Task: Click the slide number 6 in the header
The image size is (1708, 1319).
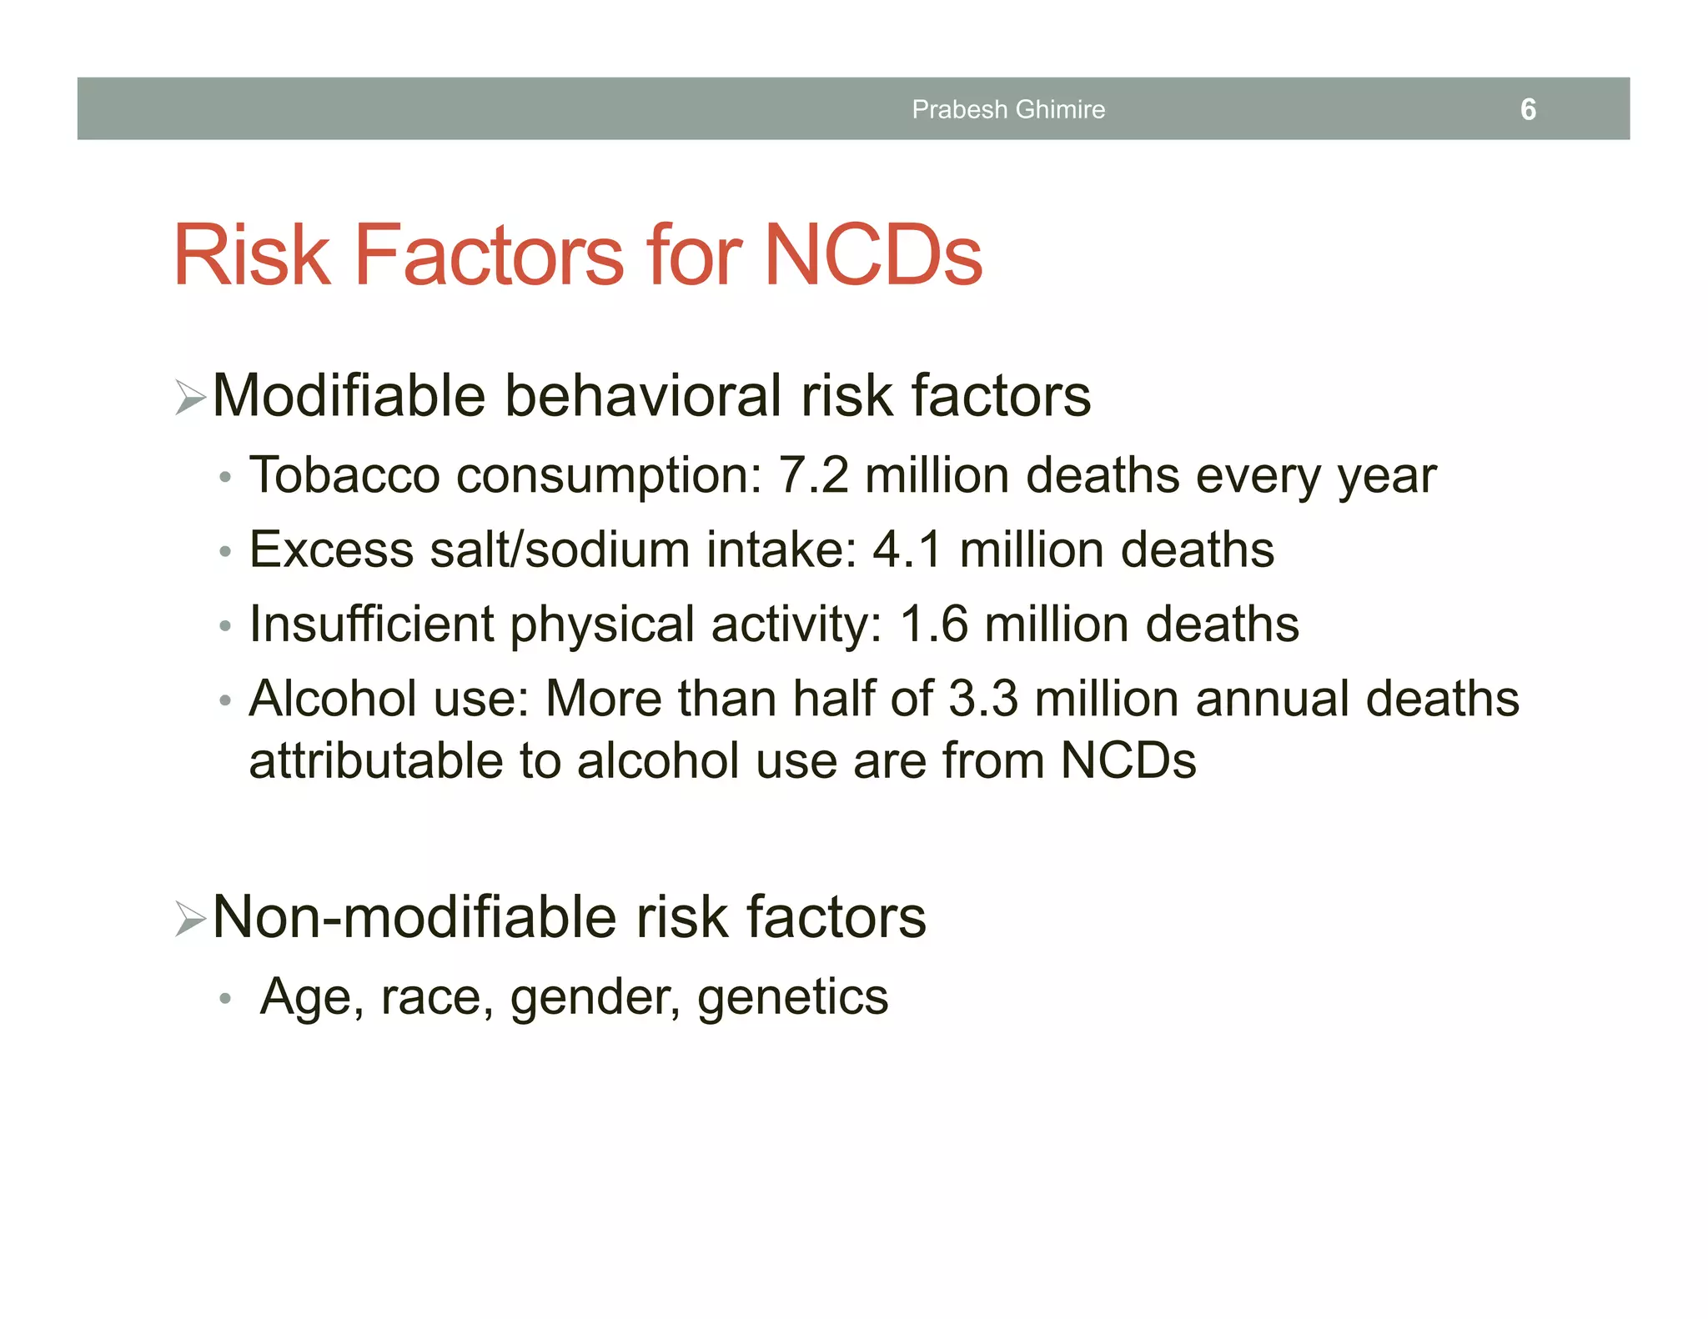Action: pos(1528,109)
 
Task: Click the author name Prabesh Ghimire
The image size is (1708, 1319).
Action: pos(1008,109)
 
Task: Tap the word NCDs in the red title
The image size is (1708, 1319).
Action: pos(873,255)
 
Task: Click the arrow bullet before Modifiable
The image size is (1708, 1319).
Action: pos(191,397)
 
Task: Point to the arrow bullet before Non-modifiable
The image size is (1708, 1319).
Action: pos(191,919)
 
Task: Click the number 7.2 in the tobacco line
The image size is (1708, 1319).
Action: pos(813,475)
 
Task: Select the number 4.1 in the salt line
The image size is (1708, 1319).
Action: pos(907,549)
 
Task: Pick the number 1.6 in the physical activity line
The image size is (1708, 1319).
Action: pos(934,624)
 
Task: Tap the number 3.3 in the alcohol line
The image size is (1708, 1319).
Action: pos(983,698)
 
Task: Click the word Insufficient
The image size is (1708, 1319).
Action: pos(371,624)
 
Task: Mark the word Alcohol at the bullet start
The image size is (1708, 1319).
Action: pos(333,698)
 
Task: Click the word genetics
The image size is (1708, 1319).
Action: pos(793,998)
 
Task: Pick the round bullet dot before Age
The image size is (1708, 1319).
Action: pos(224,999)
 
